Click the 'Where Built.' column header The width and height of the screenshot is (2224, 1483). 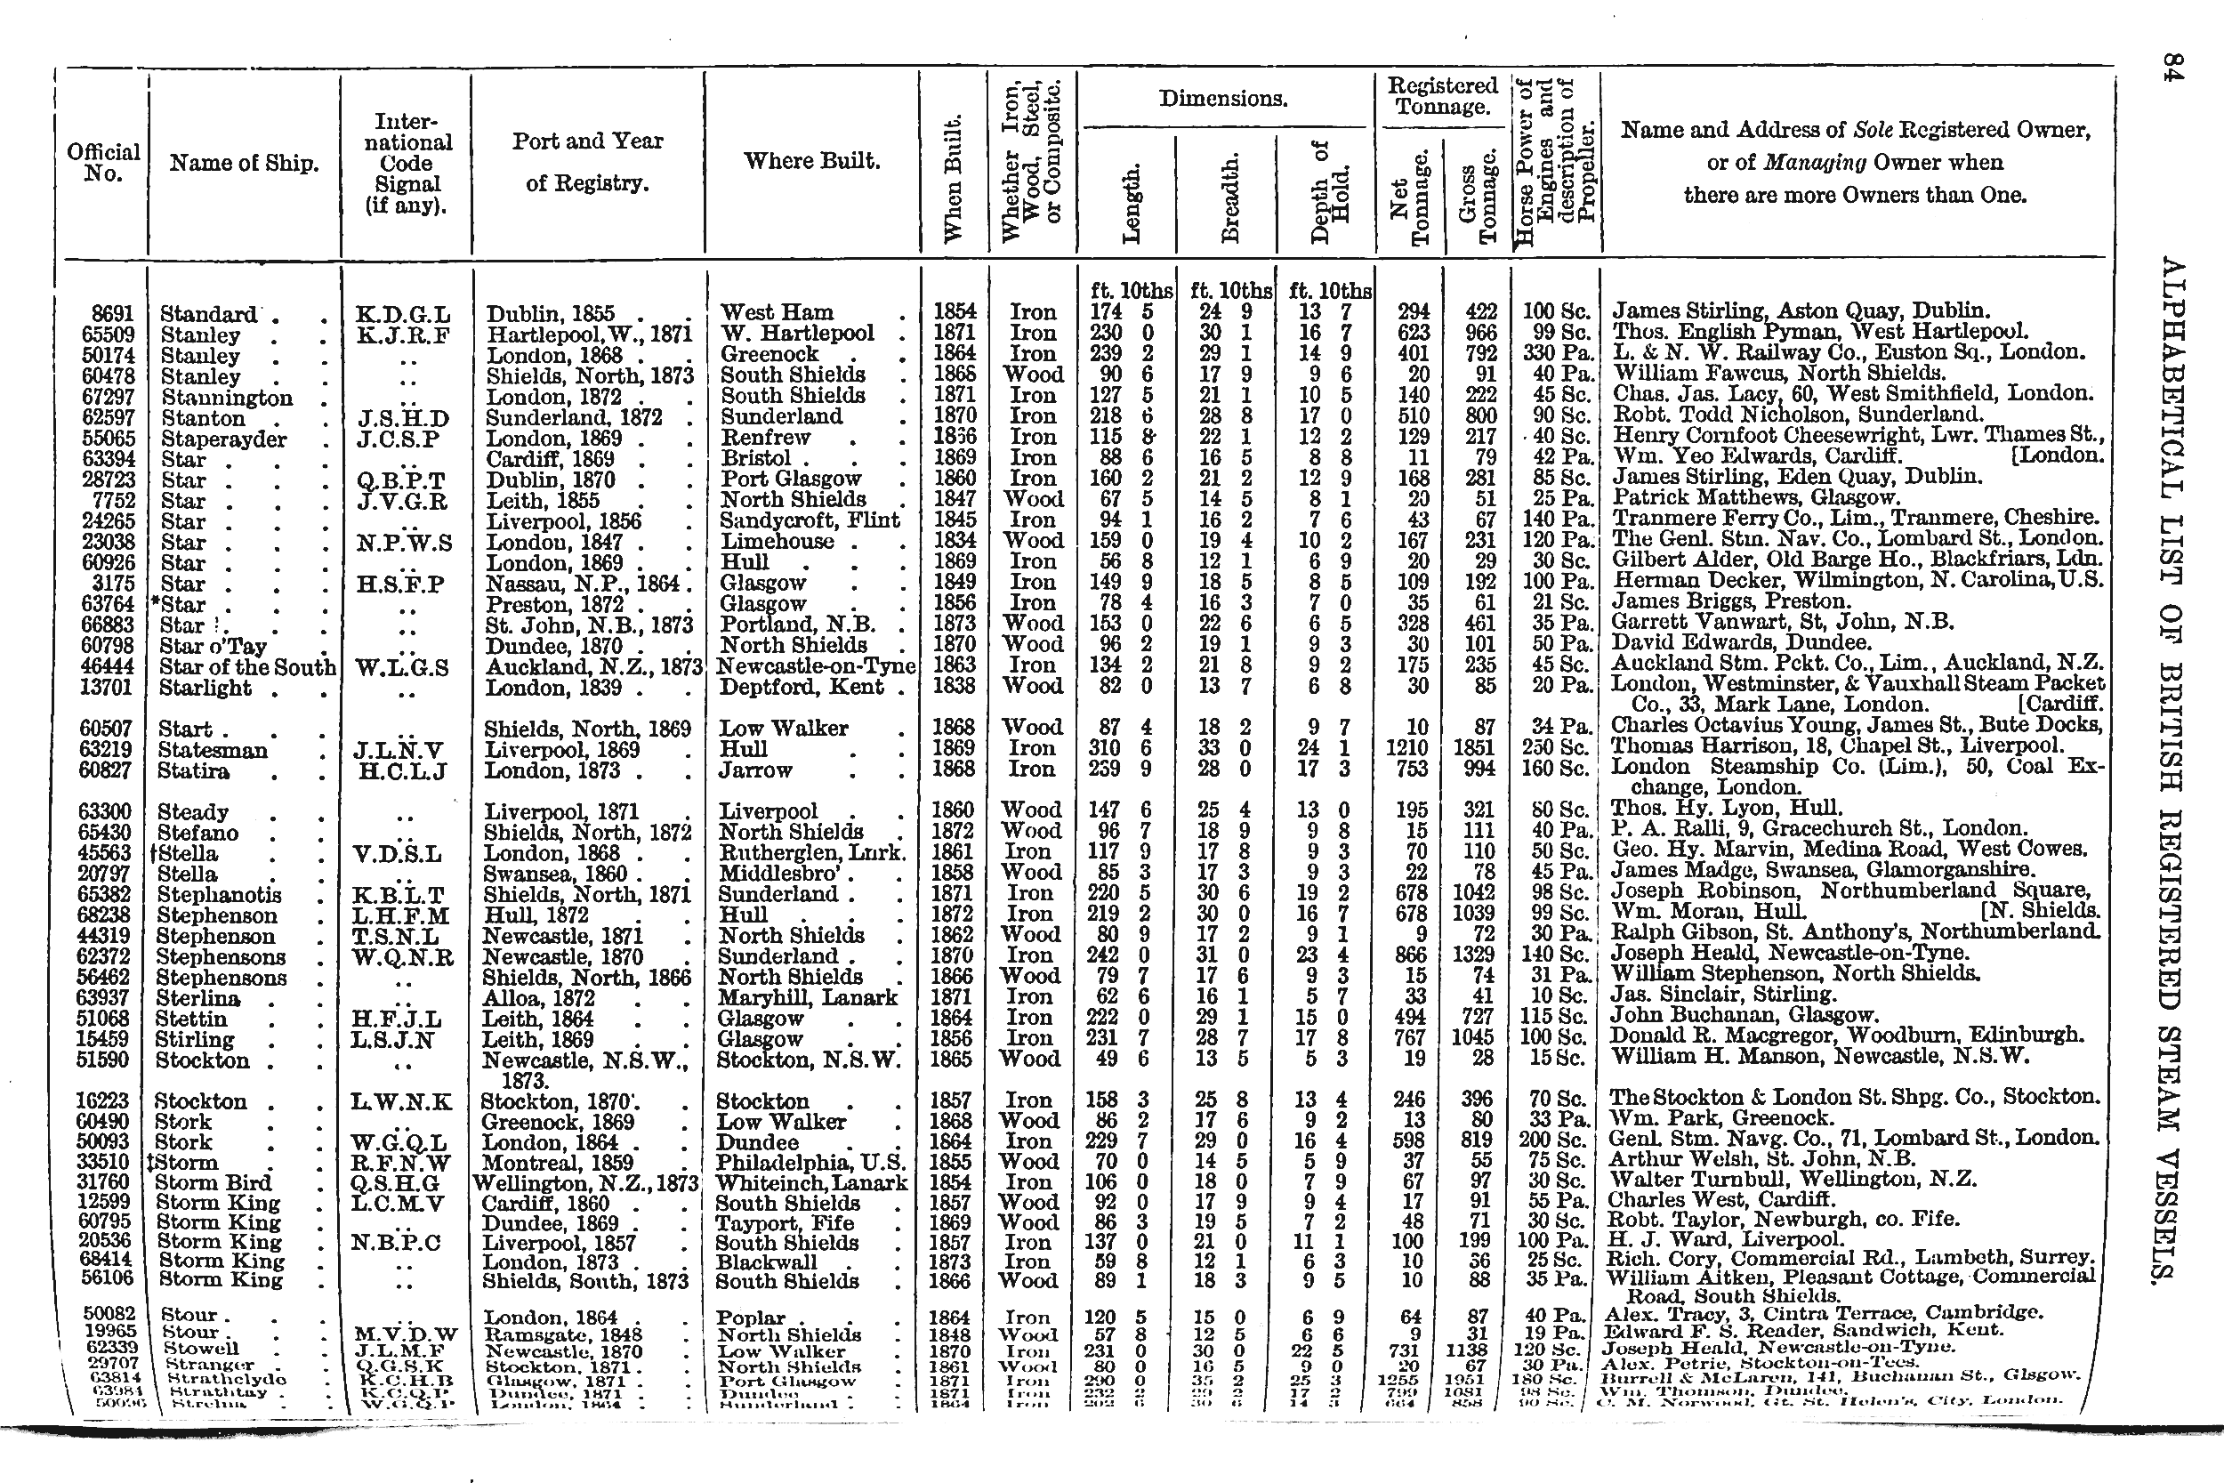coord(811,161)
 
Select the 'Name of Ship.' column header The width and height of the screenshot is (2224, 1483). coord(244,163)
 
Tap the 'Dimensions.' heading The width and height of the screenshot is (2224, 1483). coord(1222,99)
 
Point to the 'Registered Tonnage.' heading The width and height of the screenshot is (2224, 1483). coord(1442,95)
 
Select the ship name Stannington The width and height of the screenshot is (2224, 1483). coord(227,398)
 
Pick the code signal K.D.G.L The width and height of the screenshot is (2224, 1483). coord(403,313)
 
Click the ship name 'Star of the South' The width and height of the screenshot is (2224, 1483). coord(246,667)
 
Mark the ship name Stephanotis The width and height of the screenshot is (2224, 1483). coord(220,895)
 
